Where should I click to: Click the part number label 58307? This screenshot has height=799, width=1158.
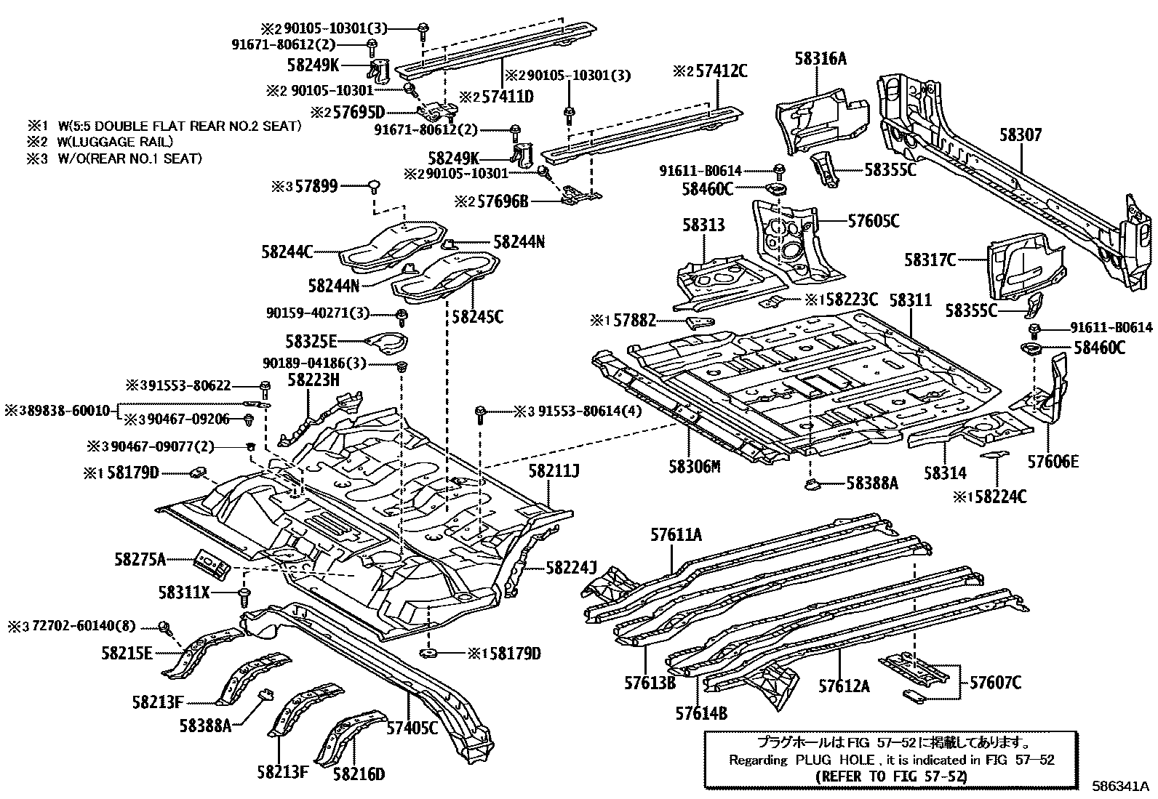click(x=1020, y=135)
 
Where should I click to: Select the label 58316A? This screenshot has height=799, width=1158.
click(x=820, y=59)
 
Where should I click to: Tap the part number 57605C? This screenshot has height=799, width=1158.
click(x=873, y=221)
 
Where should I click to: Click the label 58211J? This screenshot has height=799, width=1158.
click(x=554, y=472)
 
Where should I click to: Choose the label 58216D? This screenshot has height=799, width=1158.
click(x=359, y=774)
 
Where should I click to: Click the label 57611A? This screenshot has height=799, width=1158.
click(x=676, y=535)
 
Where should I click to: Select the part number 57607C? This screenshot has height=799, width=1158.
click(x=995, y=683)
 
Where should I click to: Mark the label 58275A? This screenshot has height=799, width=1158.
click(x=140, y=559)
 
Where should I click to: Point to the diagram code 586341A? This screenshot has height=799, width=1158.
click(x=1119, y=786)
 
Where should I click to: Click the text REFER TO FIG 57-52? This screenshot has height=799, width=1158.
click(x=892, y=776)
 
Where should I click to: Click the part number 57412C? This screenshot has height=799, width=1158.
click(x=710, y=71)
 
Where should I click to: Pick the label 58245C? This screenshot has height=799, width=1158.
click(x=477, y=317)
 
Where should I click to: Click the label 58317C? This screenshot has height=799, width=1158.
click(x=930, y=259)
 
